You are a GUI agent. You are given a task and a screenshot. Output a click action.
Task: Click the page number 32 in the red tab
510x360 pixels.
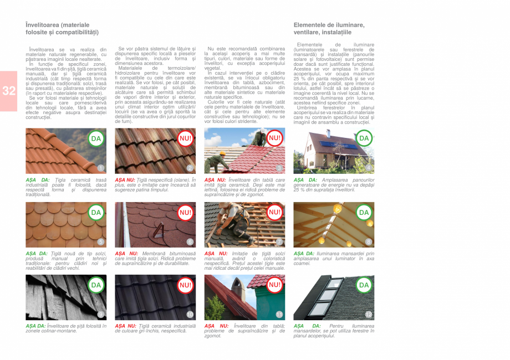tap(9, 91)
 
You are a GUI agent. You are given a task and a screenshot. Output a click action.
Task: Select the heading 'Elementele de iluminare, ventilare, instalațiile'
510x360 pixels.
tap(329, 29)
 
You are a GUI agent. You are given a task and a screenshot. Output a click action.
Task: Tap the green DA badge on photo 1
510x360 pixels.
tap(96, 138)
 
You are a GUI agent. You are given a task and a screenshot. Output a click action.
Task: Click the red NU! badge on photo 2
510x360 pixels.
tap(185, 138)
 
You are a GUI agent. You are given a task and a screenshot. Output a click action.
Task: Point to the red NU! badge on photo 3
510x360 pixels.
tap(274, 138)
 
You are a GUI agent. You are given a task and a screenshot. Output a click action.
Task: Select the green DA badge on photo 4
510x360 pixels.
tap(364, 138)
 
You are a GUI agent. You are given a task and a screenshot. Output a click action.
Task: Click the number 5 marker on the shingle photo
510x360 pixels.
tap(100, 241)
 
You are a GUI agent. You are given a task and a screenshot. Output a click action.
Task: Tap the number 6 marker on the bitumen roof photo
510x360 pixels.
tap(190, 241)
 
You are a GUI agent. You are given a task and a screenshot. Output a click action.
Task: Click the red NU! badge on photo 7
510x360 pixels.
tap(274, 212)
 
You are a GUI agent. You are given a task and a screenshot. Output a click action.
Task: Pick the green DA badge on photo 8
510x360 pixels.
tap(364, 212)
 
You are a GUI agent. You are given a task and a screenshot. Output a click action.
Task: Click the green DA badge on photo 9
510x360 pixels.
tap(96, 285)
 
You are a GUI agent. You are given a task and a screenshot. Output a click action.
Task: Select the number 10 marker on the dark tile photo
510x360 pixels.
tap(190, 315)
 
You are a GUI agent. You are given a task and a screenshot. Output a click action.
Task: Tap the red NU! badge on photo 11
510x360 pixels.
tap(274, 285)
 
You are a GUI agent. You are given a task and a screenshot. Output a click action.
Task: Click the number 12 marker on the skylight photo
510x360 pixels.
tap(369, 315)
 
